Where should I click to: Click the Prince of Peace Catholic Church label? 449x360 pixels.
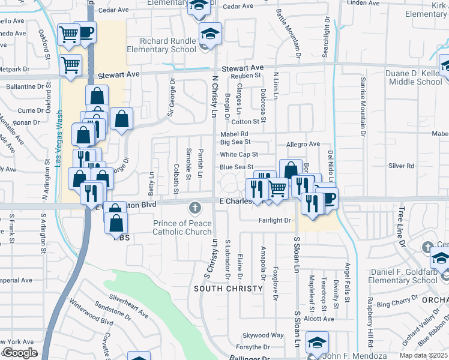point(182,228)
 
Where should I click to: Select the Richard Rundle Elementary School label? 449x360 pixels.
point(169,45)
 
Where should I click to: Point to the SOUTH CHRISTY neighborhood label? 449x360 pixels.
point(229,289)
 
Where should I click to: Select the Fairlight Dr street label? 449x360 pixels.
point(274,221)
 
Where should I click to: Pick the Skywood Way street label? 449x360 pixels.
point(262,335)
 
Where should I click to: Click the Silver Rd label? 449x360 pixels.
point(402,166)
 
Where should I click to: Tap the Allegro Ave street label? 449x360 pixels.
point(303,144)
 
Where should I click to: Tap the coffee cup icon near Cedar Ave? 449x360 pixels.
point(86,32)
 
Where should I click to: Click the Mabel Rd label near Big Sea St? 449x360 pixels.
point(234,134)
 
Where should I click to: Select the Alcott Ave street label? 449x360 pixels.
point(319,319)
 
